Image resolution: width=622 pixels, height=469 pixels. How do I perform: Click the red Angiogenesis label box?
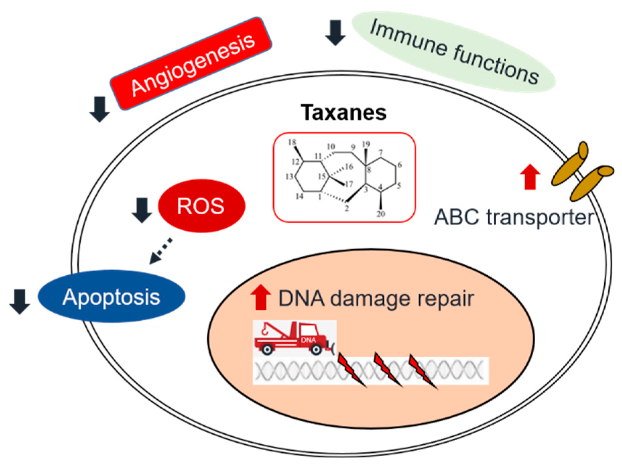tap(191, 64)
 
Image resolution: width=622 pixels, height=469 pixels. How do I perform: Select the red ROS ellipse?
tap(201, 206)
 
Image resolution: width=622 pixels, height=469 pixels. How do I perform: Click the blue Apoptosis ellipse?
tap(112, 296)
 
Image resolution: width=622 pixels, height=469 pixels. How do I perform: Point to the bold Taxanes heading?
tap(344, 113)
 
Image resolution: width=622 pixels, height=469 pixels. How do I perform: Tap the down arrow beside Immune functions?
tap(335, 33)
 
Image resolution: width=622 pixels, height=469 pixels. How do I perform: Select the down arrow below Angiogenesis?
tap(100, 109)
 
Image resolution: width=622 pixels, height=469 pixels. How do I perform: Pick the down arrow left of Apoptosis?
tap(19, 301)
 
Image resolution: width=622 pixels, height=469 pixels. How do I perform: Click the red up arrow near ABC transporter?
tap(530, 177)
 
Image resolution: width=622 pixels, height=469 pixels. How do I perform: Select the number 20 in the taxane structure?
tap(381, 214)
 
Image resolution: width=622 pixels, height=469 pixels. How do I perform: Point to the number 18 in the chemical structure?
tap(292, 142)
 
